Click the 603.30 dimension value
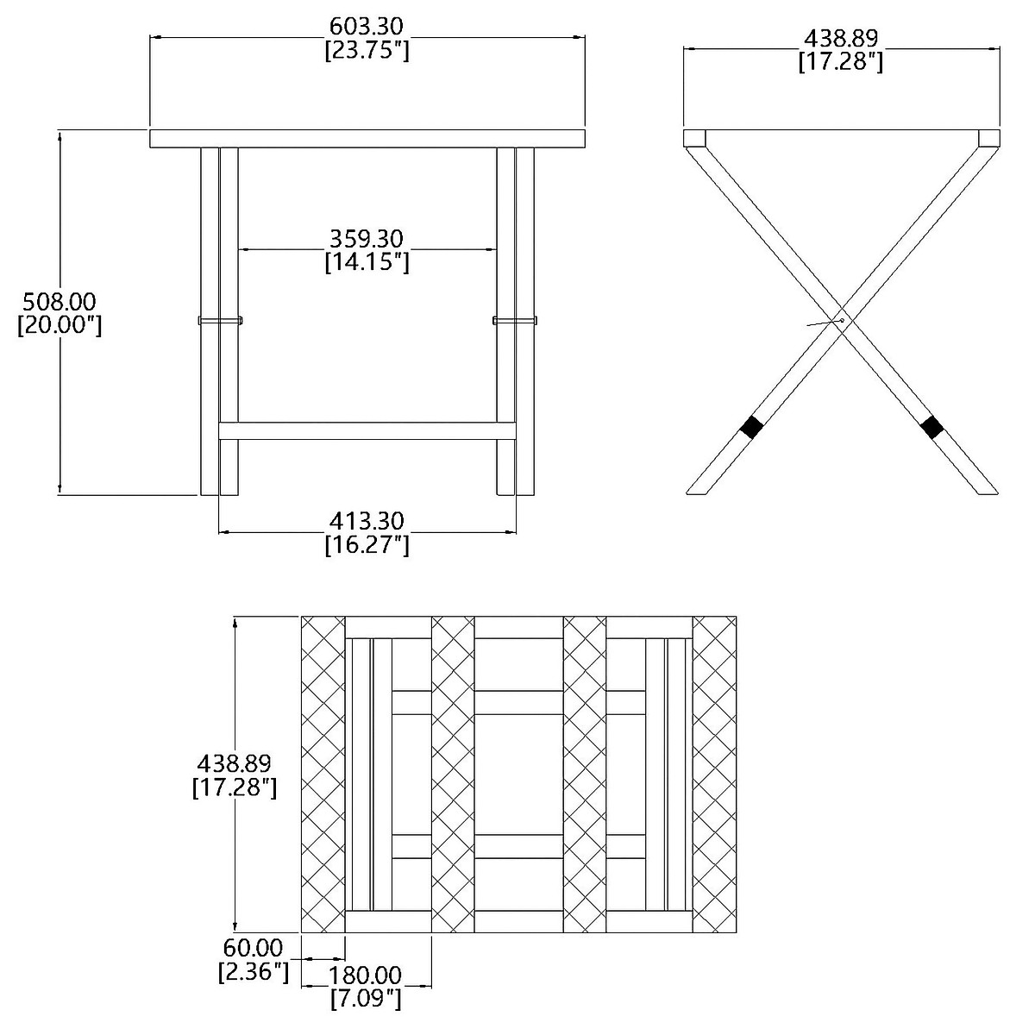point(367,27)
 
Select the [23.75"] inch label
point(367,51)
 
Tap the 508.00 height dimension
point(60,301)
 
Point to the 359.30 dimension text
point(367,237)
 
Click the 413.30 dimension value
point(367,521)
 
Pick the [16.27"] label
point(367,545)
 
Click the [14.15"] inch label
point(367,261)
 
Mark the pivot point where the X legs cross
point(842,320)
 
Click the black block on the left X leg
point(752,426)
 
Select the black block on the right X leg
point(931,426)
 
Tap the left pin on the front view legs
point(221,321)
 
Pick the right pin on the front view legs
point(515,321)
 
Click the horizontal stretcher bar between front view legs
point(367,430)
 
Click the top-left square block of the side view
point(694,138)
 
